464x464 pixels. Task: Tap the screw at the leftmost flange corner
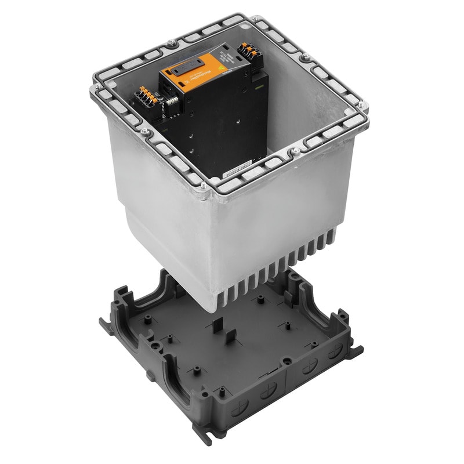(x=95, y=88)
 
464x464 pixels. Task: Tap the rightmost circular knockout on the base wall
(x=335, y=353)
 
